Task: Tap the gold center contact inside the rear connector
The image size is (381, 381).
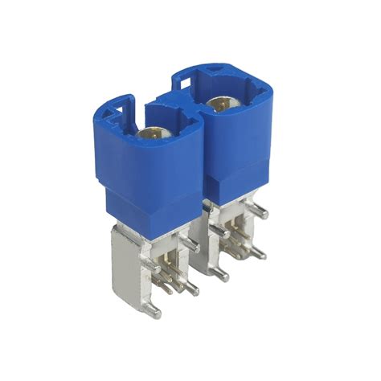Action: click(217, 104)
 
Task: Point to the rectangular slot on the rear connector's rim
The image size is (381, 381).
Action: click(181, 80)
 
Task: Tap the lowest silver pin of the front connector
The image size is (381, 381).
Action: click(156, 309)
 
